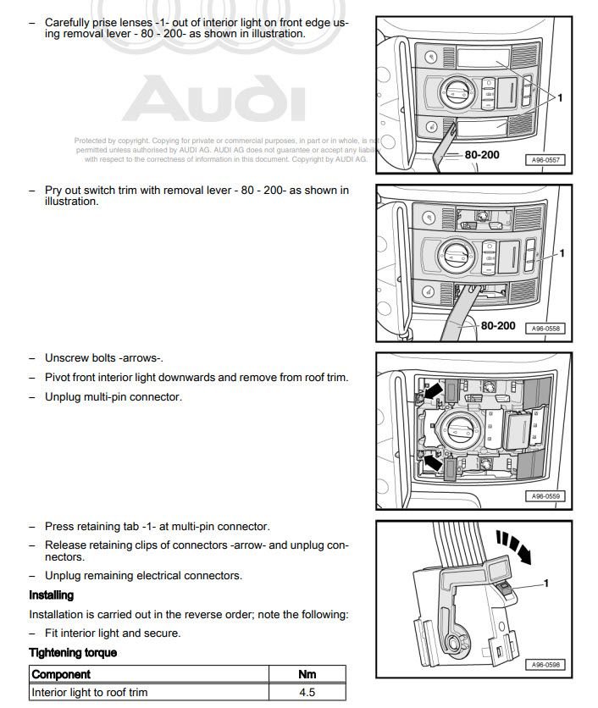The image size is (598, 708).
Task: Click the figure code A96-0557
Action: click(545, 159)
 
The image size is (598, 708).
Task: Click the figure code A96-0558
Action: click(545, 328)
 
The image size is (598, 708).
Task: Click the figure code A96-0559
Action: click(545, 496)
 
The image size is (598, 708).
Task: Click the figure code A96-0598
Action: click(545, 665)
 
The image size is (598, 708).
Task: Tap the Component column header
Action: click(61, 674)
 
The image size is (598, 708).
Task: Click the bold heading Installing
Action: click(52, 595)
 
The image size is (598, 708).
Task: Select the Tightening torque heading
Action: click(73, 652)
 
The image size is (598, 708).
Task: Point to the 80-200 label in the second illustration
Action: click(498, 324)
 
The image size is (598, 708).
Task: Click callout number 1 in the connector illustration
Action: click(546, 584)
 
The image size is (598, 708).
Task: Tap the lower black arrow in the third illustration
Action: click(433, 462)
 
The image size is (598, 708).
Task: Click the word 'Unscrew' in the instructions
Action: click(66, 358)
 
